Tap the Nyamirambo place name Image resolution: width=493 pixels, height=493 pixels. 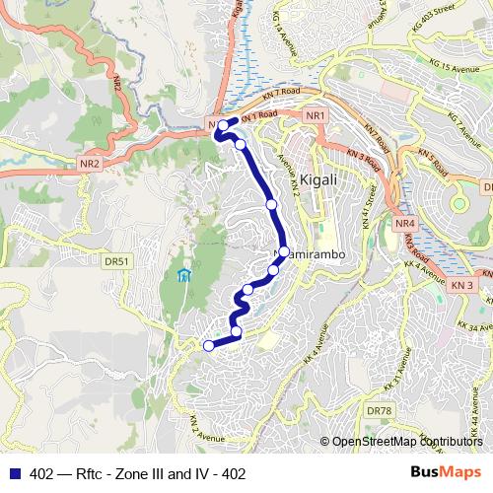point(308,254)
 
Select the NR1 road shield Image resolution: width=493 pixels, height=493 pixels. point(315,116)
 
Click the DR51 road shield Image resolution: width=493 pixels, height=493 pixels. point(117,261)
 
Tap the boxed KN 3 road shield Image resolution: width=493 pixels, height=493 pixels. point(464,285)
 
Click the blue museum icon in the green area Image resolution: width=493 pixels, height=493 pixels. point(181,274)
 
